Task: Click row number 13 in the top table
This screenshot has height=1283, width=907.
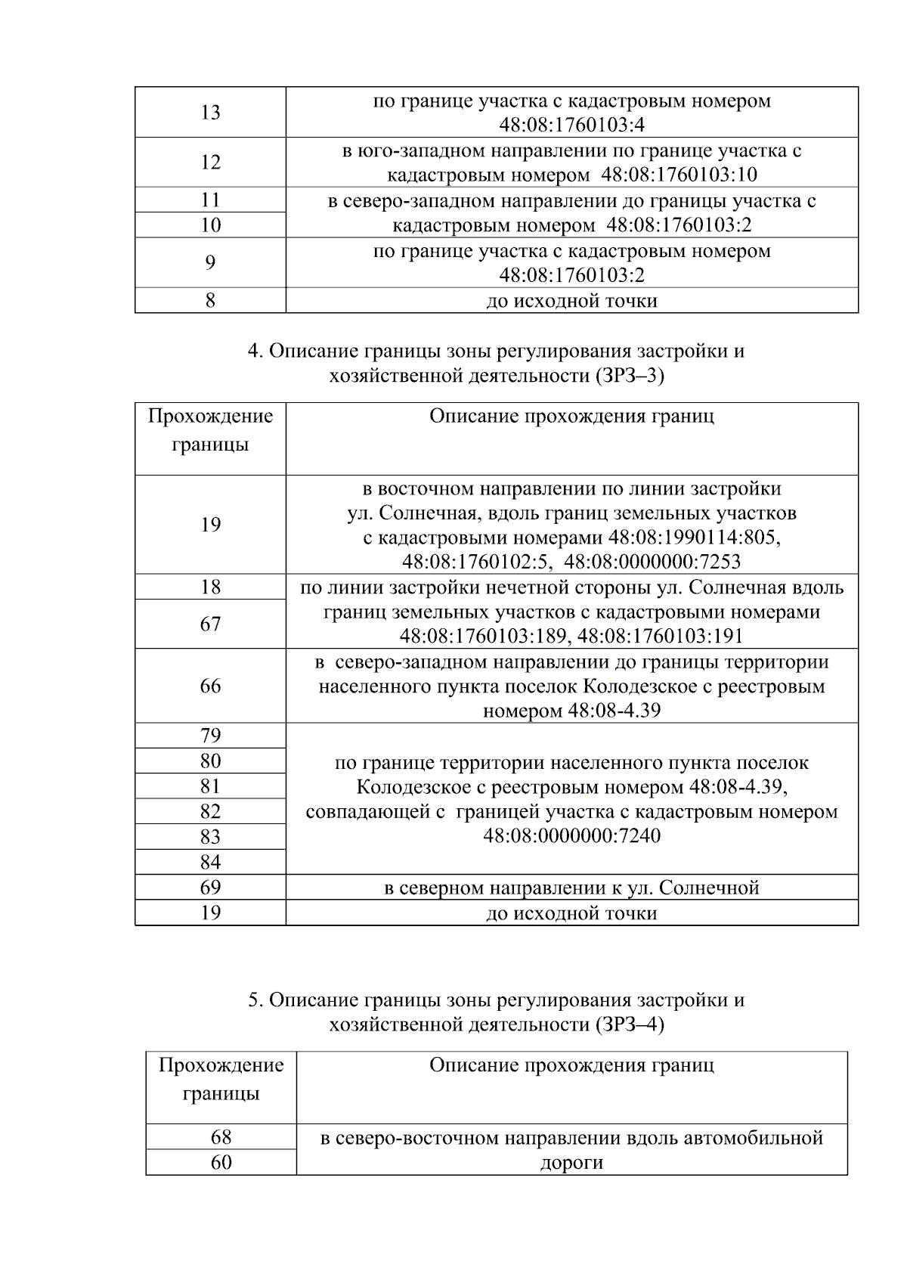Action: [210, 113]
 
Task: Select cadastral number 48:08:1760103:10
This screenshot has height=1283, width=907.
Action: [678, 175]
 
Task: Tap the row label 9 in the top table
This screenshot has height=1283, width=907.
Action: [210, 262]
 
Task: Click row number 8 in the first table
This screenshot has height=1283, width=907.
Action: [210, 301]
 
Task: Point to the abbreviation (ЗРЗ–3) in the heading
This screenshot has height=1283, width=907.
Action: [629, 376]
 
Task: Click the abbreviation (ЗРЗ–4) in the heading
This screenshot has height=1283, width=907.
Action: [629, 1024]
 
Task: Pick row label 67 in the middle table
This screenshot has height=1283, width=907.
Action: [210, 624]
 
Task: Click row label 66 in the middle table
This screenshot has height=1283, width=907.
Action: [210, 686]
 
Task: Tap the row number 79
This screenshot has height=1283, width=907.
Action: [210, 736]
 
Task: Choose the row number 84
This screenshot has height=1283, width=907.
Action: [210, 862]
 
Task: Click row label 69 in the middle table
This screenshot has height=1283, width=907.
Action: [210, 888]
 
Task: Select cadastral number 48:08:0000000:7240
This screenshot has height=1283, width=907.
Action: [572, 836]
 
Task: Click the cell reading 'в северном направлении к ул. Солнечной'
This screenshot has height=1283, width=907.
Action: [571, 888]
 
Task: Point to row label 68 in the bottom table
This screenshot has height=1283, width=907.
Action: [221, 1137]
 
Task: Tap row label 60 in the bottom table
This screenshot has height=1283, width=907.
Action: [221, 1162]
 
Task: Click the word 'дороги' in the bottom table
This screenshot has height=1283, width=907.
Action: [571, 1163]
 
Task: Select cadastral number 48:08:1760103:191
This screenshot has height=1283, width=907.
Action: [660, 637]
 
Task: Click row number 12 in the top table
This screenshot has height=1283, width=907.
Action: [210, 163]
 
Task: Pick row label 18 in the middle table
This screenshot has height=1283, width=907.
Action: [210, 587]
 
